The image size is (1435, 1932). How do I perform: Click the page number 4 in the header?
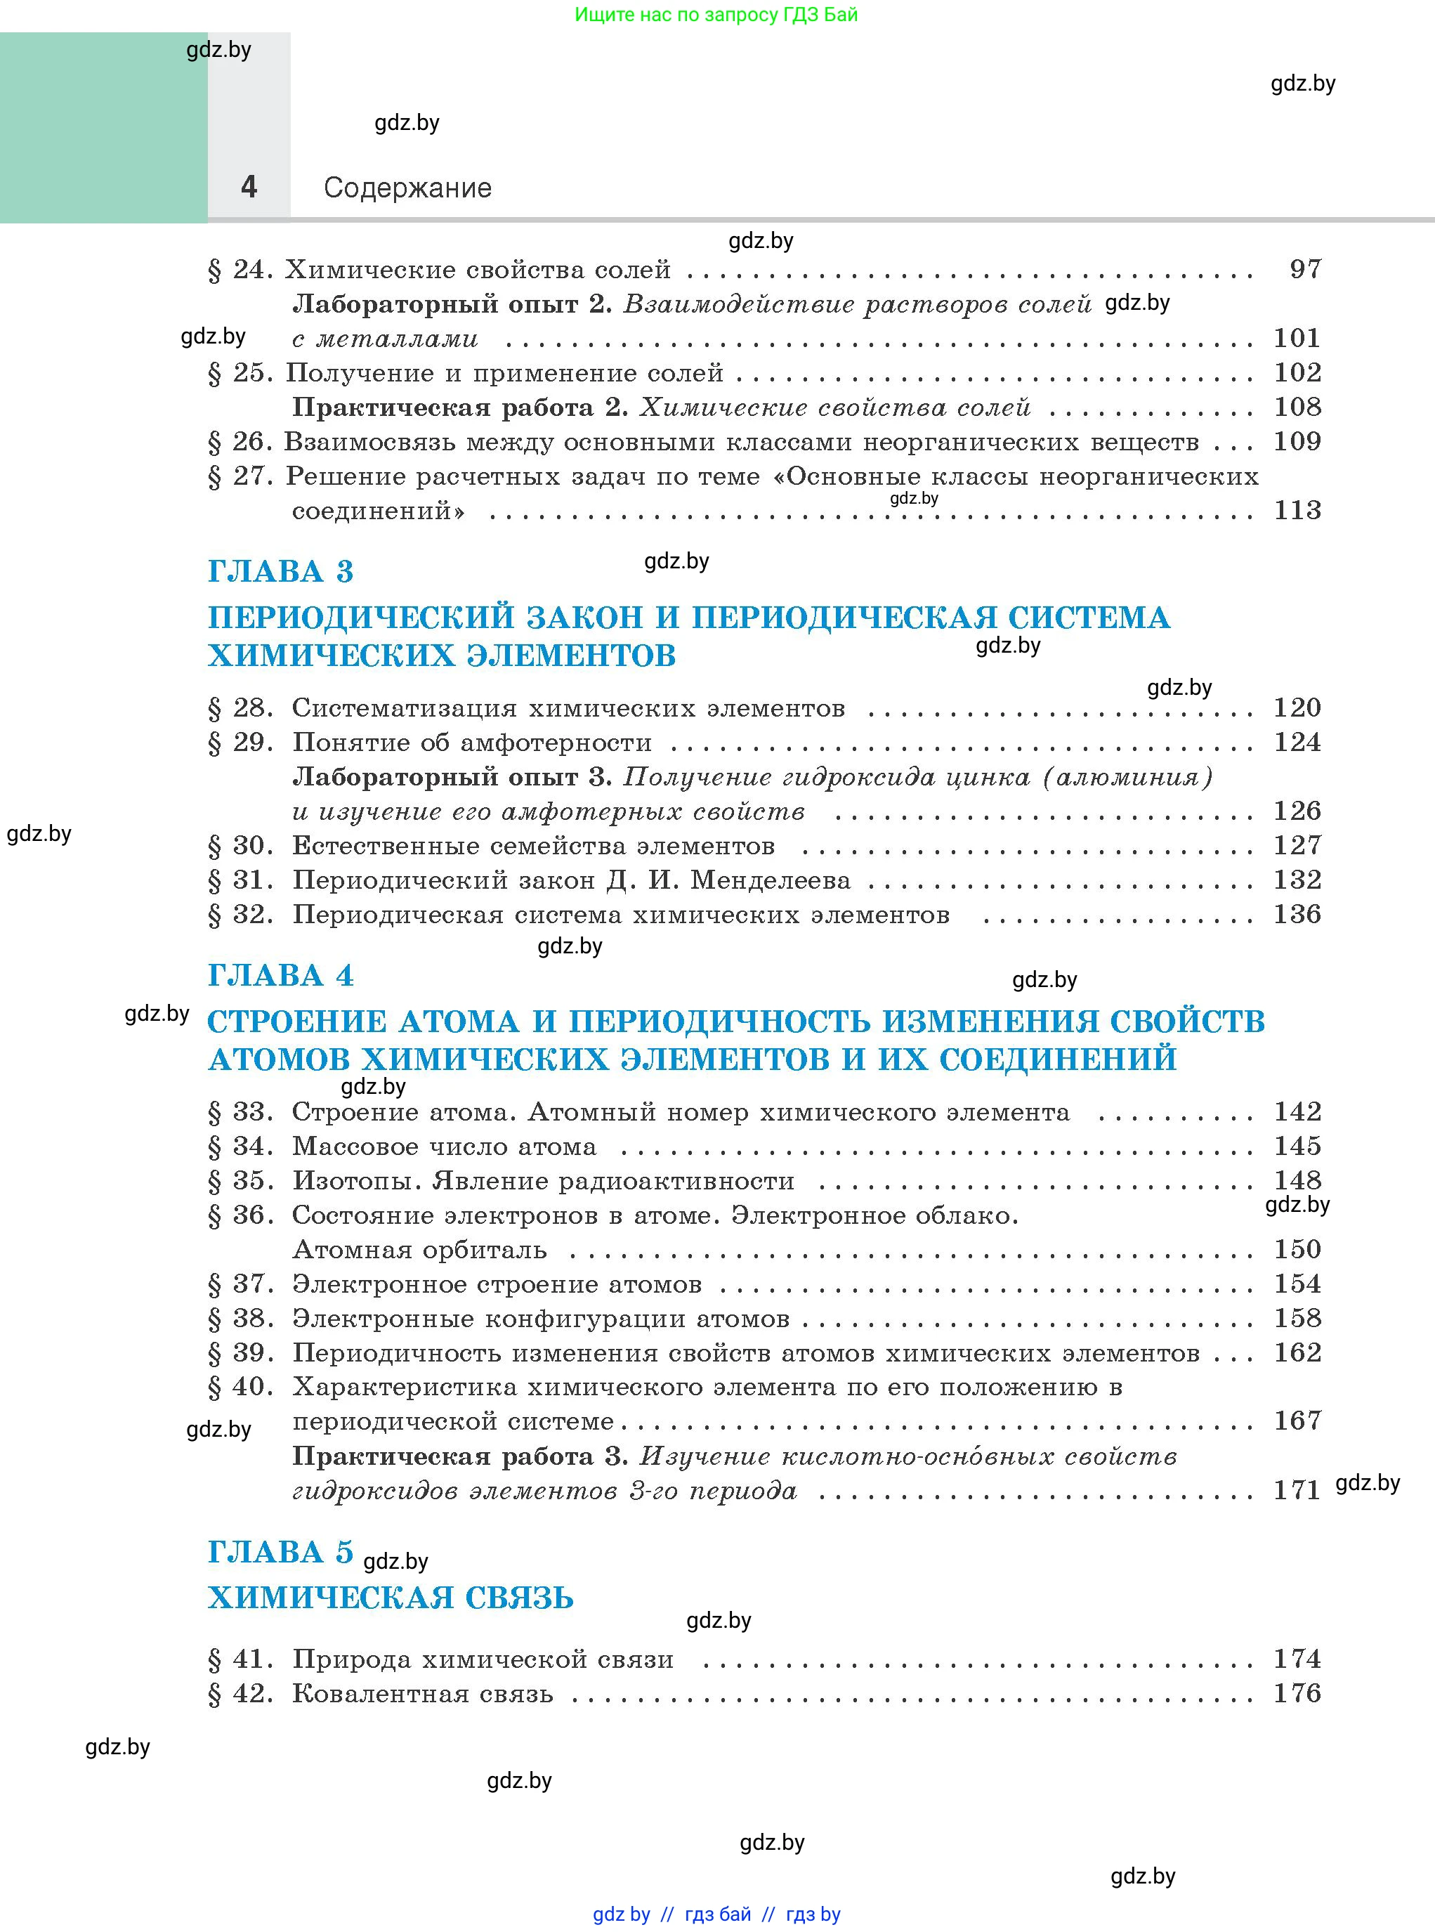(x=249, y=187)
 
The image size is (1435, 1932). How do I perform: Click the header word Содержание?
(x=407, y=188)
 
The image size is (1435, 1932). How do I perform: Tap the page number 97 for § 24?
(x=1304, y=269)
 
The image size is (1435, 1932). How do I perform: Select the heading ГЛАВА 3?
(x=280, y=572)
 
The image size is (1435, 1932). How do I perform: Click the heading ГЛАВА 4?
(x=280, y=976)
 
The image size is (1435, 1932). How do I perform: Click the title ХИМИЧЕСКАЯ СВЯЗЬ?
(x=391, y=1598)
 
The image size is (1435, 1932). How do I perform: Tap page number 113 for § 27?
(x=1297, y=510)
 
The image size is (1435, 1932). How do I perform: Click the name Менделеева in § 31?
(x=771, y=880)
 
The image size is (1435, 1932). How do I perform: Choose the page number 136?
(x=1297, y=914)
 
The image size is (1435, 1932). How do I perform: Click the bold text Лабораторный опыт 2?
(x=452, y=304)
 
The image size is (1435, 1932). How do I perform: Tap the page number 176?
(x=1297, y=1692)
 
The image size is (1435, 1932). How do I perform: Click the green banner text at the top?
(x=716, y=15)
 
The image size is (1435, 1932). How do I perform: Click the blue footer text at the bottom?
(x=716, y=1914)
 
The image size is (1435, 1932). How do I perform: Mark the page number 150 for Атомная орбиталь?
(x=1297, y=1249)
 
